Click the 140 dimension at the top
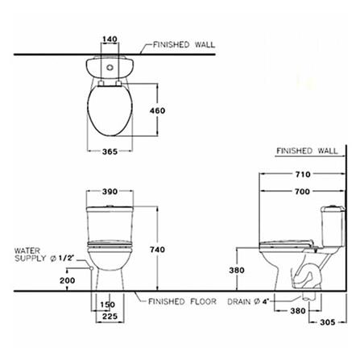coord(110,39)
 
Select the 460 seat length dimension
coord(158,110)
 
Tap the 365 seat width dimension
coord(110,151)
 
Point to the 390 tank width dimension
coord(110,192)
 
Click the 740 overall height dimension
coord(158,250)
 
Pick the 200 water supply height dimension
coord(68,280)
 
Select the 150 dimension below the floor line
coord(108,304)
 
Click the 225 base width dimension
coord(110,317)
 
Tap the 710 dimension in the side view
coord(303,174)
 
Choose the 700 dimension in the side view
coord(303,192)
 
